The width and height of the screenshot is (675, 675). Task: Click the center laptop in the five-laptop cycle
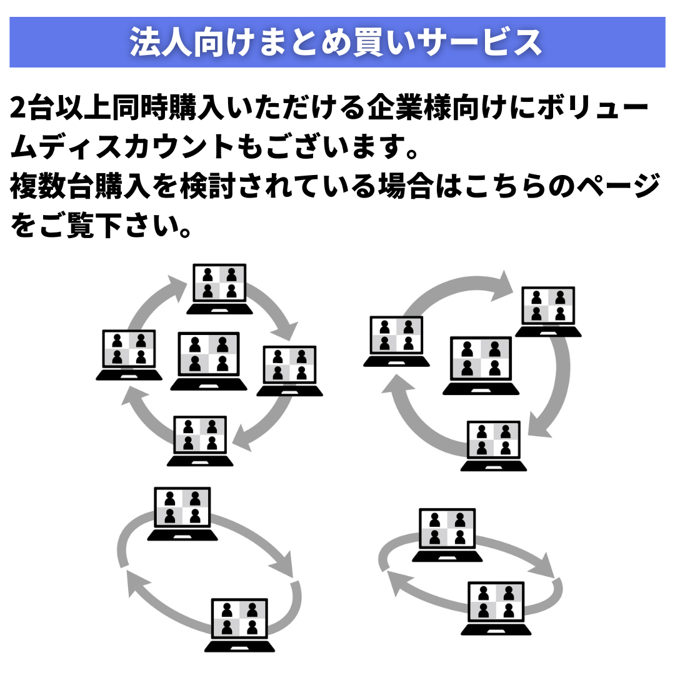[x=206, y=361]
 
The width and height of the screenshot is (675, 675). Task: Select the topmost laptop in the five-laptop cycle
[x=220, y=289]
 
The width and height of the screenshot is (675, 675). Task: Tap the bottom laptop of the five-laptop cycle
[x=200, y=441]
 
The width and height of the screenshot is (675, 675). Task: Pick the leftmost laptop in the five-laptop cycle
[x=129, y=355]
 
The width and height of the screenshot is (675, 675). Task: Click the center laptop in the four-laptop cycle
[x=481, y=366]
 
